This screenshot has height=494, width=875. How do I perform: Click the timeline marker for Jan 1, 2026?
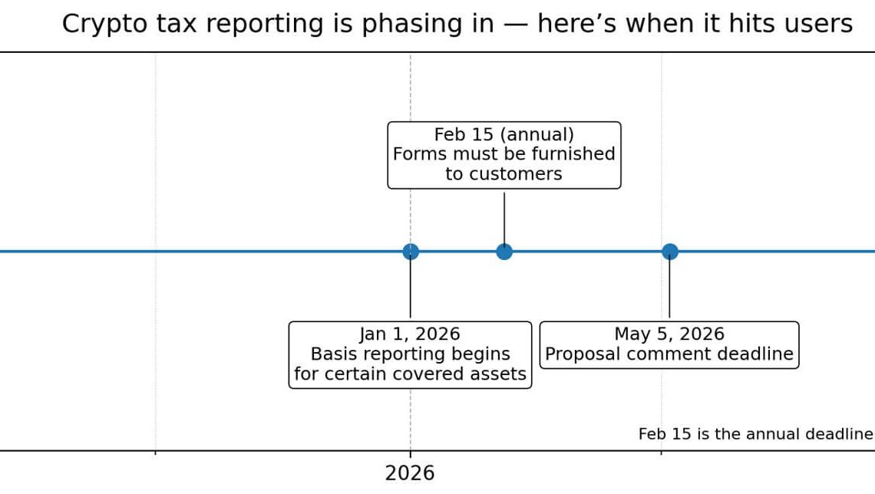[411, 252]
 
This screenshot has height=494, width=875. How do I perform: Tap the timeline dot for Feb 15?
[504, 252]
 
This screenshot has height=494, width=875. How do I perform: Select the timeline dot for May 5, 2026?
[669, 252]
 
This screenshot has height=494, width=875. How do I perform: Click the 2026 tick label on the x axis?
[410, 473]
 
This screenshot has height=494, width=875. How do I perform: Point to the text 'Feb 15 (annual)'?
[504, 134]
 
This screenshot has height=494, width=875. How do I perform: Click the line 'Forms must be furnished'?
[504, 154]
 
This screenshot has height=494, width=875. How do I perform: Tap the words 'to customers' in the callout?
[504, 174]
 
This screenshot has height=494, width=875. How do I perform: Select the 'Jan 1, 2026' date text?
[410, 334]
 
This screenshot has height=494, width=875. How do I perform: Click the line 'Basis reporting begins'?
[410, 354]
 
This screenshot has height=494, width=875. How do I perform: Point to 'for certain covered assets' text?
[410, 374]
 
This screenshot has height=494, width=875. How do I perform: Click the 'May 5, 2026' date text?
[669, 334]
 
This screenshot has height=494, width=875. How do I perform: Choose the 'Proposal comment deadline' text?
[669, 354]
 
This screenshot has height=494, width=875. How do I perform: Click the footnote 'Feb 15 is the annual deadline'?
[755, 434]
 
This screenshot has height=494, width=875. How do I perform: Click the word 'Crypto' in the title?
[96, 25]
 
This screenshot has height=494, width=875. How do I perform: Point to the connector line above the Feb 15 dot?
[504, 218]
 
